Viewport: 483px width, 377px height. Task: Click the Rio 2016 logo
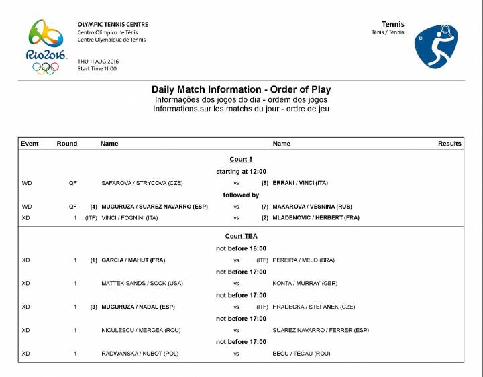(46, 46)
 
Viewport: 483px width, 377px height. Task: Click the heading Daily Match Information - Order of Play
(241, 89)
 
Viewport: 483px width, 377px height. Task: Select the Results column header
(449, 144)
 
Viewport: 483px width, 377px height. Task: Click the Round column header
(67, 144)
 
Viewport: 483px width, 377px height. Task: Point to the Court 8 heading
(241, 160)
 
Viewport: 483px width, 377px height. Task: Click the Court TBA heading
(241, 237)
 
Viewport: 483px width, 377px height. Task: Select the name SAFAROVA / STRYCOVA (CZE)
(142, 183)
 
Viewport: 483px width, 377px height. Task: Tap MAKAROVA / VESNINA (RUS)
(312, 207)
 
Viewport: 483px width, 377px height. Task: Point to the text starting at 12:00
(241, 172)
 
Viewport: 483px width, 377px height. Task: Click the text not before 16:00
(241, 248)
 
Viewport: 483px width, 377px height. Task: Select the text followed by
(241, 195)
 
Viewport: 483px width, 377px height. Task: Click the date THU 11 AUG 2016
(98, 62)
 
